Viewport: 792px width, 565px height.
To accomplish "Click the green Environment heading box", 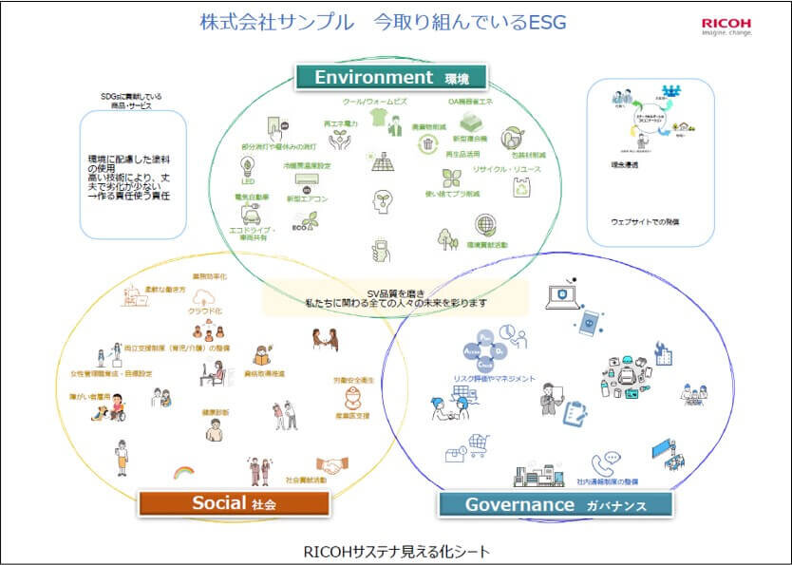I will [389, 77].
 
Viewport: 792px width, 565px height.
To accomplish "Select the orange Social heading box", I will [234, 504].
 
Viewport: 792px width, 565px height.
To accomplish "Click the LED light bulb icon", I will [248, 165].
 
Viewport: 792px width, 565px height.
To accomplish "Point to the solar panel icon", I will [383, 164].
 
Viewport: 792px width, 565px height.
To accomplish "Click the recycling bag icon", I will [520, 189].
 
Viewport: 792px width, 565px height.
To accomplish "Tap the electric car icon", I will [253, 213].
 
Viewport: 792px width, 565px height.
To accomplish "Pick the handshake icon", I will [331, 467].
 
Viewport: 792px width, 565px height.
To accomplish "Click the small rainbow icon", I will [184, 472].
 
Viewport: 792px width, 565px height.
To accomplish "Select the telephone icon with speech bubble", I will [606, 465].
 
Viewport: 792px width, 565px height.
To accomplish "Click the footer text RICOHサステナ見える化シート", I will [396, 550].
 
